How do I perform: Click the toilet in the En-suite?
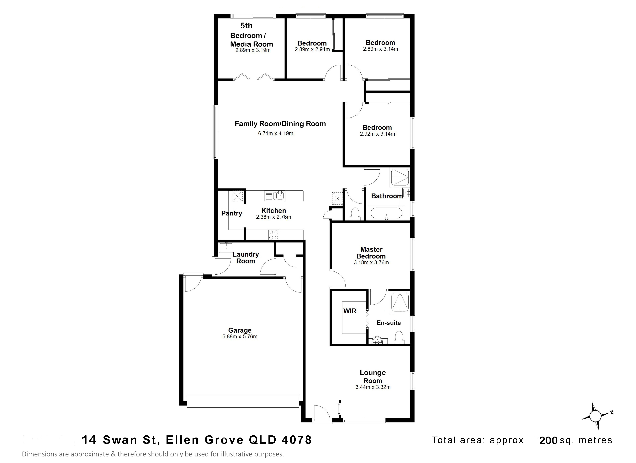pyautogui.click(x=399, y=337)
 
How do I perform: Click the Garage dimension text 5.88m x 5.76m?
pyautogui.click(x=240, y=337)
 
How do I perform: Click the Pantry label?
pyautogui.click(x=232, y=213)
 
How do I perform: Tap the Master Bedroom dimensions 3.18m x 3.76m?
pyautogui.click(x=371, y=263)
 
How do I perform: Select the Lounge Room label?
pyautogui.click(x=373, y=377)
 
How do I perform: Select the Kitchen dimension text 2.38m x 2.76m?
pyautogui.click(x=273, y=217)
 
